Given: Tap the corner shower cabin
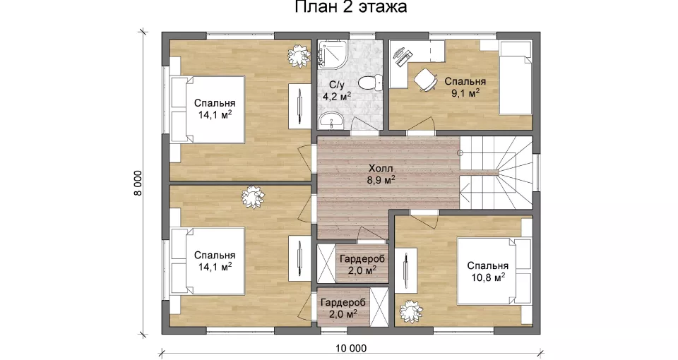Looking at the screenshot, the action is (331, 55).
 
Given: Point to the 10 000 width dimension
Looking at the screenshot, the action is (350, 348).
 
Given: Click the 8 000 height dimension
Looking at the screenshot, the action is (138, 184).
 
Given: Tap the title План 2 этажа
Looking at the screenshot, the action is (351, 7).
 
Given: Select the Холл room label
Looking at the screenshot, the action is (381, 168).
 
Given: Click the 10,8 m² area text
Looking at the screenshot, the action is (488, 277).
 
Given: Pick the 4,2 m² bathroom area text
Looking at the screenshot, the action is (337, 96).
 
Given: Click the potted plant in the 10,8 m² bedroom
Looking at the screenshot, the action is (411, 311).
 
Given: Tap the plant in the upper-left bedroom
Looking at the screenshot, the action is (299, 55).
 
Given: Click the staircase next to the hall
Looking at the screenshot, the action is (496, 172).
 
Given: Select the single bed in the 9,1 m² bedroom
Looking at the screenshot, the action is (516, 78).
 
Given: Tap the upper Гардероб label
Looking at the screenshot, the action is (362, 259).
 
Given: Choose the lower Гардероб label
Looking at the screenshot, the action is (343, 302).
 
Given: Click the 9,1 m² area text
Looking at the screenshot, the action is (465, 93).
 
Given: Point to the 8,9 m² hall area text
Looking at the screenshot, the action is (381, 179).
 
